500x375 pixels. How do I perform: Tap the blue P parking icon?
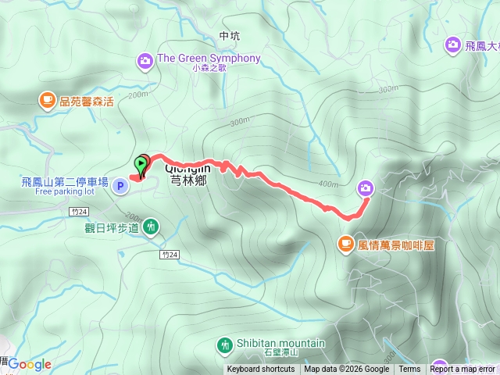[x=120, y=186]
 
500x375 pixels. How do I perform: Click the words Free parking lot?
[x=64, y=192]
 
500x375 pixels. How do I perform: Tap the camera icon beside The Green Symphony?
[x=145, y=59]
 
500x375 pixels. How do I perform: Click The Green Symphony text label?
[x=209, y=59]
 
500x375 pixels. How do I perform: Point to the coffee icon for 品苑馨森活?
[x=46, y=99]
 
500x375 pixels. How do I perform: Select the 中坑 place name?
[x=230, y=36]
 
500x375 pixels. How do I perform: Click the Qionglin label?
[x=187, y=166]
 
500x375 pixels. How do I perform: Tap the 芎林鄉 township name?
[x=187, y=178]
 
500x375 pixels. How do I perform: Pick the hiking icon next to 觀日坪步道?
[x=151, y=227]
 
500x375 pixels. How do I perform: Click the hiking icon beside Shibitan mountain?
[x=224, y=344]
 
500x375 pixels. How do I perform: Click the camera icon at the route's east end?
[x=366, y=187]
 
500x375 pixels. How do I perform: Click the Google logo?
[x=30, y=364]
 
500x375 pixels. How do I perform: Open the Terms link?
[x=409, y=370]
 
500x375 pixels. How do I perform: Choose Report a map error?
[x=462, y=370]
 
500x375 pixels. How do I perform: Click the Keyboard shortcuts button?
[x=261, y=370]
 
